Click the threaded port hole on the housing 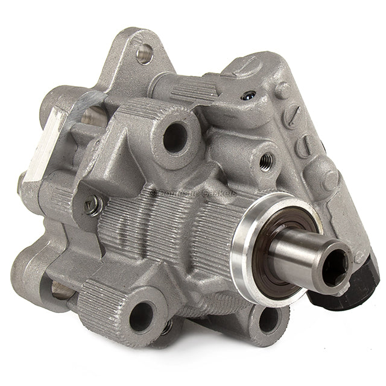[267, 161]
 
